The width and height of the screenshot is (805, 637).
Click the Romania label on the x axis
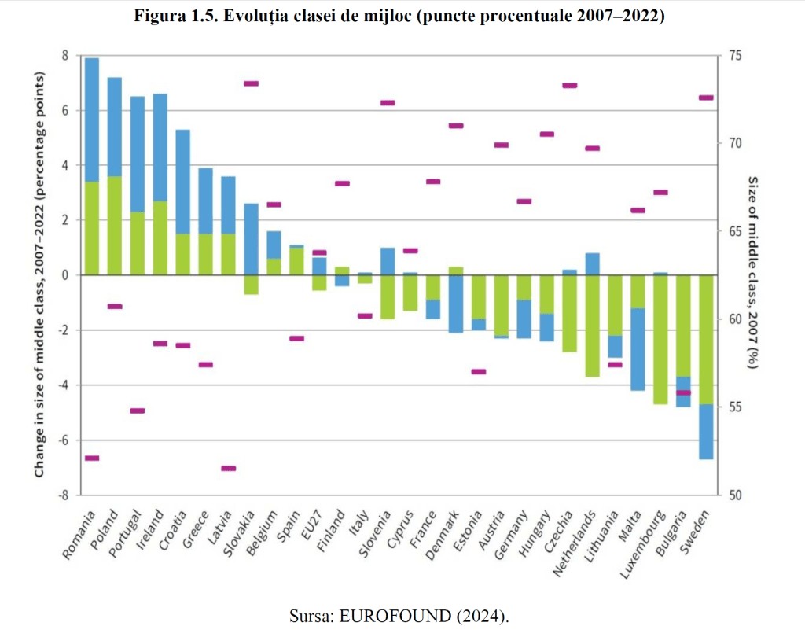(x=79, y=536)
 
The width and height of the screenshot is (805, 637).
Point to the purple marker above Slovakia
(x=251, y=83)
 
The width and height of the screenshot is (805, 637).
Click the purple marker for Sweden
(x=706, y=98)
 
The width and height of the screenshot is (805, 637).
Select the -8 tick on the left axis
(x=64, y=495)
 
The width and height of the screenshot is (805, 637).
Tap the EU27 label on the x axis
(x=313, y=526)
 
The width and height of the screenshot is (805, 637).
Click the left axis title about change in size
(x=39, y=275)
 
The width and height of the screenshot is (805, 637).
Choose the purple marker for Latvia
(x=228, y=469)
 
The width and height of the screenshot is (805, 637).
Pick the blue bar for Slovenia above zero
(x=388, y=261)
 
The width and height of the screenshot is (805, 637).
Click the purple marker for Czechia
(x=570, y=86)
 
